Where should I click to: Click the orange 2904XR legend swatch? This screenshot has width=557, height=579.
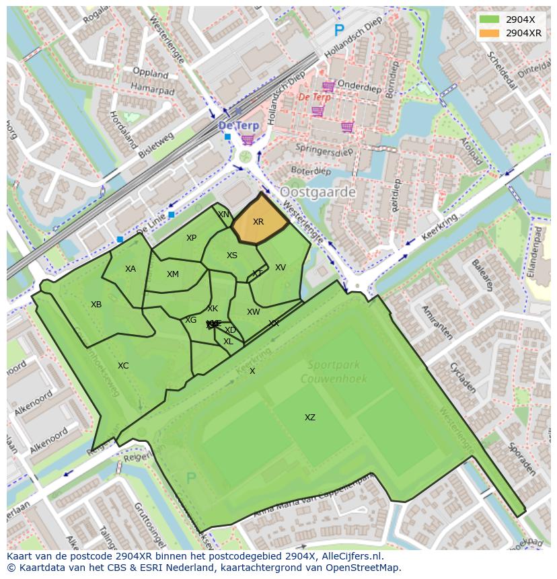pos(490,33)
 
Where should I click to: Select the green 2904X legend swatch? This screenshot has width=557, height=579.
pos(490,20)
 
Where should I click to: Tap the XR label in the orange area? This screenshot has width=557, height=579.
pos(258,222)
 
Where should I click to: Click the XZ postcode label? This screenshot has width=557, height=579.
pos(309,418)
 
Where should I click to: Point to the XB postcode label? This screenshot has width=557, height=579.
pos(96,305)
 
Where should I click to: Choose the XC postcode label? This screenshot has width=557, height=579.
pos(123,366)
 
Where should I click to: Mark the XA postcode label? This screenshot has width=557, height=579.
pos(131,269)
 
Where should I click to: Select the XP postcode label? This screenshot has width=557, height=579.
pos(191,238)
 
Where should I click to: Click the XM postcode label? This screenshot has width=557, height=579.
pos(173,274)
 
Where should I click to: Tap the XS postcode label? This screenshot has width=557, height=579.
pos(232,256)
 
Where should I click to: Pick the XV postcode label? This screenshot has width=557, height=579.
pos(281,268)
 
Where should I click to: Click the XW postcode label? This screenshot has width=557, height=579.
pos(253,312)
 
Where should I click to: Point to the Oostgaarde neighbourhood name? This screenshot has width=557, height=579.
pos(318,192)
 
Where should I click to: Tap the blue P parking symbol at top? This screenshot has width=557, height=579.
pos(339,30)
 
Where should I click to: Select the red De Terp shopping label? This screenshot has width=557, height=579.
pos(313,97)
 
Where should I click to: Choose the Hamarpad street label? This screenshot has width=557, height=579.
pos(152,89)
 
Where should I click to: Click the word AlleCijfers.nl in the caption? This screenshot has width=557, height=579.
pos(350,557)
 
